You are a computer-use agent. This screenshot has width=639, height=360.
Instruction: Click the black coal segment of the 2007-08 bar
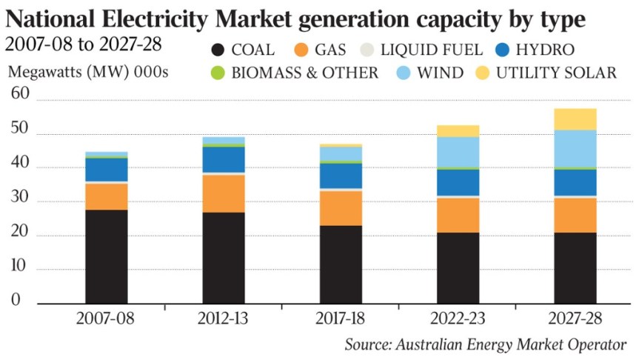[x=106, y=256]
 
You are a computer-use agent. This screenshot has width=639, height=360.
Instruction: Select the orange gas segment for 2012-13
[x=224, y=193]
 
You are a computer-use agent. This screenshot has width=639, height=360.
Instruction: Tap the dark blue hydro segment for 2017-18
[x=341, y=176]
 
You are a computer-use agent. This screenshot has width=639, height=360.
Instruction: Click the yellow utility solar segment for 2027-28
[x=576, y=119]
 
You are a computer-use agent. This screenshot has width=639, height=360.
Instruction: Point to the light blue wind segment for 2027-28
[x=576, y=148]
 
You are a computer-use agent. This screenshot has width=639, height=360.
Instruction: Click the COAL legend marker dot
[x=218, y=50]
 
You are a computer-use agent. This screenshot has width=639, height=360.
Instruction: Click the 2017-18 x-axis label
[x=341, y=319]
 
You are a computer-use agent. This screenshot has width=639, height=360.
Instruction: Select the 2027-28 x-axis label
[x=576, y=319]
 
